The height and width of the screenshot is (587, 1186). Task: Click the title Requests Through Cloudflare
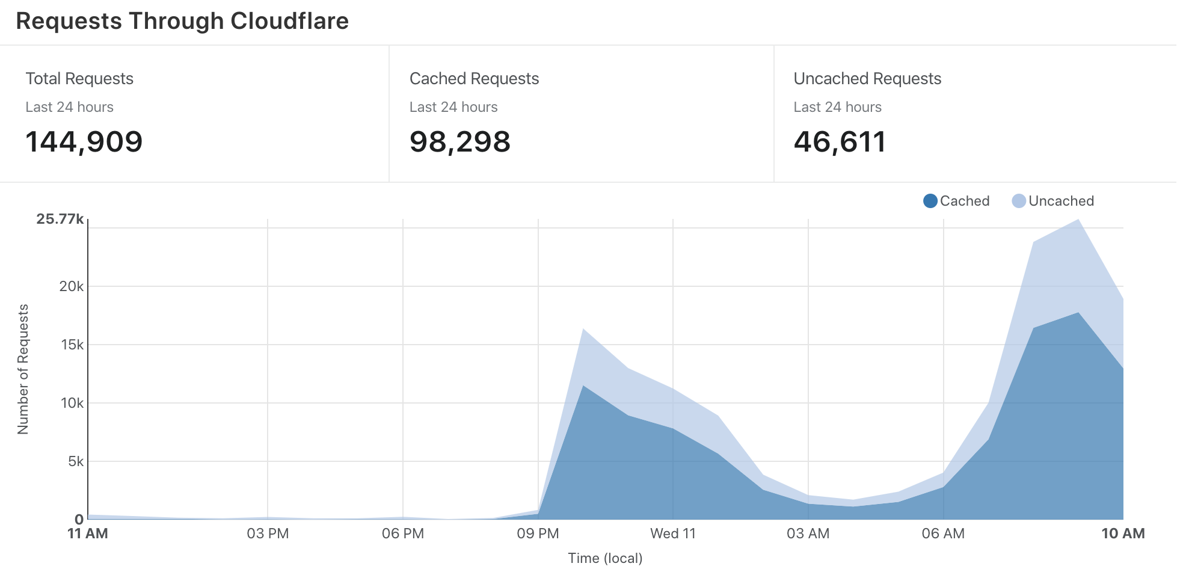(x=182, y=21)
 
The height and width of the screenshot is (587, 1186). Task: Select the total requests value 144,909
(x=84, y=142)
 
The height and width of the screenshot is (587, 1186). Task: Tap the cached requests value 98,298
(x=460, y=142)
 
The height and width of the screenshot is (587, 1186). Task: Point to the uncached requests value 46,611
(x=840, y=142)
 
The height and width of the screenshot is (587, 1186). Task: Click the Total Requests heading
(x=79, y=79)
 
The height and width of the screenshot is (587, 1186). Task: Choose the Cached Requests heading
(x=474, y=79)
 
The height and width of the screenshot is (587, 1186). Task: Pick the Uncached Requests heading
(x=867, y=79)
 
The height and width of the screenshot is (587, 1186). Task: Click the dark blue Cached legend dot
(x=930, y=201)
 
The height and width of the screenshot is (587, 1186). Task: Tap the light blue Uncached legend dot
(x=1019, y=201)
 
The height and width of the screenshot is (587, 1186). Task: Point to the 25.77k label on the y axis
(x=60, y=219)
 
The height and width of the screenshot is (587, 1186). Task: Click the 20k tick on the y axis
(x=72, y=286)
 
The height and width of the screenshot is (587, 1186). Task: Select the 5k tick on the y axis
(x=76, y=461)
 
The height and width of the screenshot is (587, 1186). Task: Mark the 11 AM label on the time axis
(x=88, y=533)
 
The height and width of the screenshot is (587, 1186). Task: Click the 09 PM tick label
(x=538, y=533)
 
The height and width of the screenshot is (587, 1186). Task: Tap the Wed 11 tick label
(x=673, y=533)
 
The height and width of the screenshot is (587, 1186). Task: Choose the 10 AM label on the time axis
(x=1123, y=533)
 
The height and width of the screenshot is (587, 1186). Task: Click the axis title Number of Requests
(x=23, y=369)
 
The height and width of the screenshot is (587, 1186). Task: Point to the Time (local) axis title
(x=605, y=558)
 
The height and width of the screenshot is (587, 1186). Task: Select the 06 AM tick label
(x=943, y=533)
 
